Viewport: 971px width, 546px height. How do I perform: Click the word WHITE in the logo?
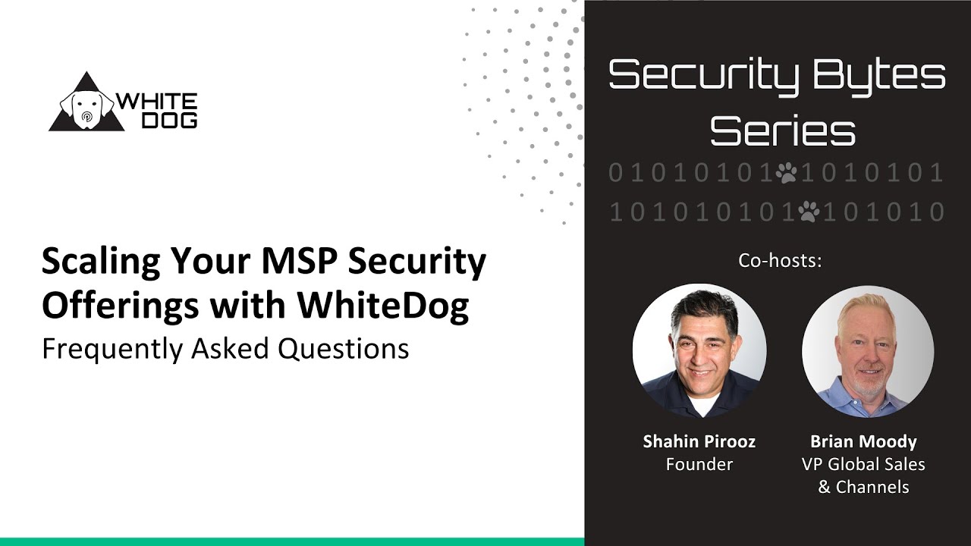pos(156,102)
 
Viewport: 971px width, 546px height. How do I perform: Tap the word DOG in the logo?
pos(171,120)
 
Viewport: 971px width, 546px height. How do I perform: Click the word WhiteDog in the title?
pos(383,305)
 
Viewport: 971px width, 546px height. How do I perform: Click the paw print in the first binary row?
pos(786,174)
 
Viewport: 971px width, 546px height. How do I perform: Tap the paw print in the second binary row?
pos(809,211)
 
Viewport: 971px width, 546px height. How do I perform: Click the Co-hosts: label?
pos(780,260)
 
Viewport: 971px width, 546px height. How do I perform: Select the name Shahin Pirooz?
pos(699,441)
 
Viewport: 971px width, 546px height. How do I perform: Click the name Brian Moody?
pos(863,441)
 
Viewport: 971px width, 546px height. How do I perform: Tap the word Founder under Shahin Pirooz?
pos(699,464)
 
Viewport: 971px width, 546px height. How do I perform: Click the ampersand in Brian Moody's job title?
pos(824,487)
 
